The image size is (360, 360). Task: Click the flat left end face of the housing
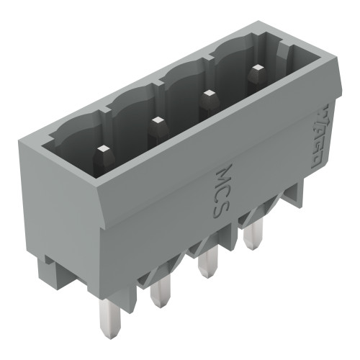pos(65,209)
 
